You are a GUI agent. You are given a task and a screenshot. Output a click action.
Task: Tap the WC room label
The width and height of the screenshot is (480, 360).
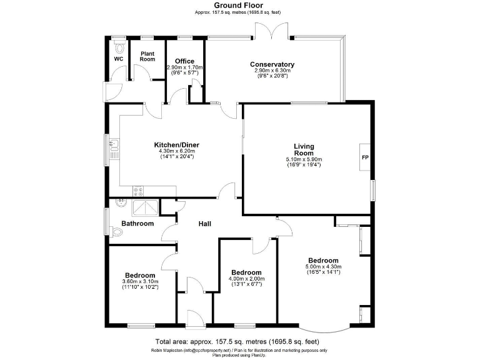(x=118, y=59)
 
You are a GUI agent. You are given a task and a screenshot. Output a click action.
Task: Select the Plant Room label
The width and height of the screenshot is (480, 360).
(x=147, y=56)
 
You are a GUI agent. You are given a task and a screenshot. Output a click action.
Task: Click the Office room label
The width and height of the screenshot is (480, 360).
(x=184, y=61)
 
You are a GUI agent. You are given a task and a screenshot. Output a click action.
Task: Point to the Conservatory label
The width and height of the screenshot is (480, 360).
(x=272, y=64)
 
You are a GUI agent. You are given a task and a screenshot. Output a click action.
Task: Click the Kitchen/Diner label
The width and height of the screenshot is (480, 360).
(x=177, y=145)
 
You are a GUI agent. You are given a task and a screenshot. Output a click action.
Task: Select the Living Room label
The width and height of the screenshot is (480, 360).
(x=304, y=149)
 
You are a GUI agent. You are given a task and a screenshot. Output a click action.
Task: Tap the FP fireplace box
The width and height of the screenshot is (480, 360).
(x=364, y=157)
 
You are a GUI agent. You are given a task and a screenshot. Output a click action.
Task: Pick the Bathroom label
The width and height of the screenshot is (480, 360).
(x=137, y=223)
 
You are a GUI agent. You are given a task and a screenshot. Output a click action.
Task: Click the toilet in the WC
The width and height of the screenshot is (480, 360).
(x=119, y=46)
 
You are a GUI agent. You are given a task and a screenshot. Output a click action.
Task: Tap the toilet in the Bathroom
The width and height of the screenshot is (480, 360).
(x=118, y=232)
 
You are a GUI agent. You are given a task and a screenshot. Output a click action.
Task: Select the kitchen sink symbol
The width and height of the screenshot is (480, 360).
(x=114, y=147)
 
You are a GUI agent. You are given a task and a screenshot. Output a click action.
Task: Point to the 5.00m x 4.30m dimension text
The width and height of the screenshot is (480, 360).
(x=323, y=267)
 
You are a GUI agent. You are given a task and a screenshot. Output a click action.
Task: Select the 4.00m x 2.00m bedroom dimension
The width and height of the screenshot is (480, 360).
(x=246, y=279)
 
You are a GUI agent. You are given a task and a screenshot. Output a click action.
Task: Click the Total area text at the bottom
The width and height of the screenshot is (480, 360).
(x=237, y=341)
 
